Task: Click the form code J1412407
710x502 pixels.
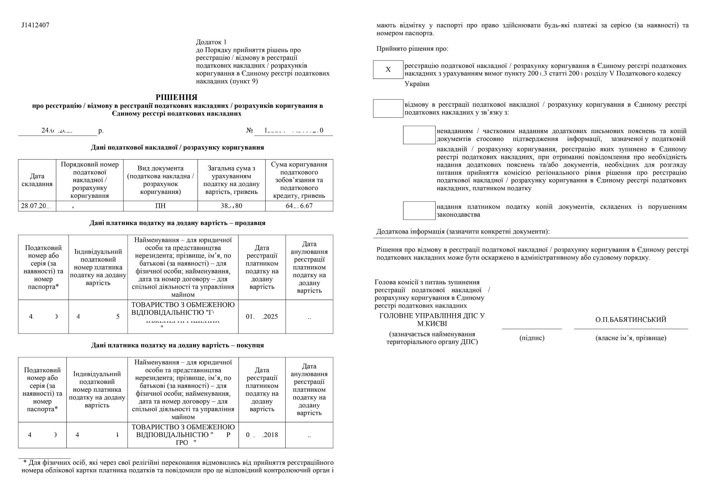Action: click(x=35, y=25)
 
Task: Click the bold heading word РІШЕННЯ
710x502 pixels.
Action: click(x=176, y=97)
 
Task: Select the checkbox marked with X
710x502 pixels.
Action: click(x=388, y=70)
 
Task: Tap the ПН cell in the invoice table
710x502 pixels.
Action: click(x=160, y=206)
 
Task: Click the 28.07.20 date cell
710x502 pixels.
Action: click(x=37, y=206)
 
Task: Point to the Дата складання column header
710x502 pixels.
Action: click(x=37, y=180)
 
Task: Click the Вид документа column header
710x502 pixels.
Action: click(x=160, y=180)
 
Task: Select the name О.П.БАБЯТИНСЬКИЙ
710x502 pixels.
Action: click(x=631, y=320)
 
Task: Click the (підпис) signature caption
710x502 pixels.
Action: click(x=532, y=338)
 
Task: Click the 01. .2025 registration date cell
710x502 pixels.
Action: click(x=262, y=316)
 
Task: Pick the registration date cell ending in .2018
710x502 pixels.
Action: click(x=262, y=435)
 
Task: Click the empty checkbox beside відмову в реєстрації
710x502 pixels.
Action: click(x=388, y=109)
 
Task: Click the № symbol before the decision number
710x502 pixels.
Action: click(x=249, y=130)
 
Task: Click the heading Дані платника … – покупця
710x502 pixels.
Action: click(x=177, y=345)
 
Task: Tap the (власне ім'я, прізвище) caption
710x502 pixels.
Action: click(x=631, y=338)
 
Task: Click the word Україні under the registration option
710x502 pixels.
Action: click(x=417, y=84)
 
